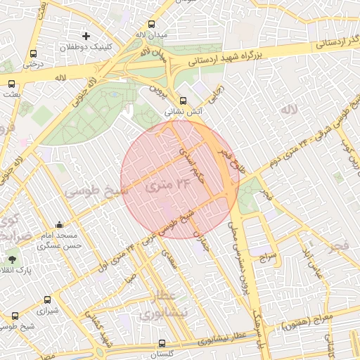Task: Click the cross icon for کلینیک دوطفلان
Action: pos(86,35)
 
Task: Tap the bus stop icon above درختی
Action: pos(34,53)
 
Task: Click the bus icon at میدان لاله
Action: pos(141,21)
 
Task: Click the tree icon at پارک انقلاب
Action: pos(12,259)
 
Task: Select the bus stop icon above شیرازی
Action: pos(47,300)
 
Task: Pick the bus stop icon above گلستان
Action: pos(162,344)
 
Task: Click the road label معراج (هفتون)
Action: pos(303,324)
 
